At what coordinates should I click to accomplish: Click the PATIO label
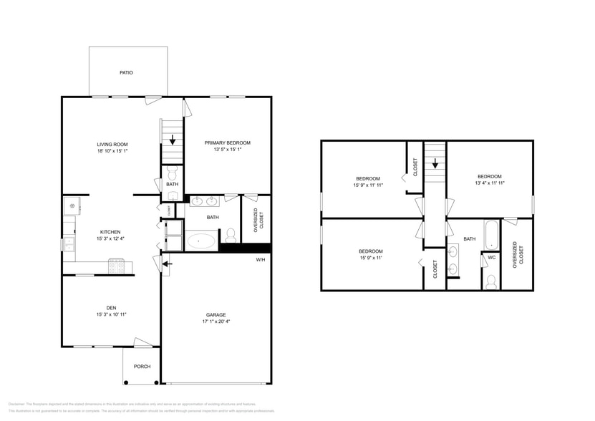tap(126, 73)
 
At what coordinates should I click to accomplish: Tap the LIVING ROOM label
tap(112, 144)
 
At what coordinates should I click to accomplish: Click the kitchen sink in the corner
tap(72, 208)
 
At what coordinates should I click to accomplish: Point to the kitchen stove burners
tap(117, 266)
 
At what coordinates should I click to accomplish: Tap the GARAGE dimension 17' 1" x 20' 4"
tap(216, 322)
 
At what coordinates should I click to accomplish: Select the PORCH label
tap(142, 367)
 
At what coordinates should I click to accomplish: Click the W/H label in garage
tap(260, 259)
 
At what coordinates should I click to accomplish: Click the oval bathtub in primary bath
tap(201, 241)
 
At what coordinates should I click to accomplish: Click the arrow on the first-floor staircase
tap(173, 140)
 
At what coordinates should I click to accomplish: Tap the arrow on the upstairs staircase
tap(435, 163)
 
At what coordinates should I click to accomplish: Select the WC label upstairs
tap(492, 257)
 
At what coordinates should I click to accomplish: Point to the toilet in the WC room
tap(491, 281)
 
